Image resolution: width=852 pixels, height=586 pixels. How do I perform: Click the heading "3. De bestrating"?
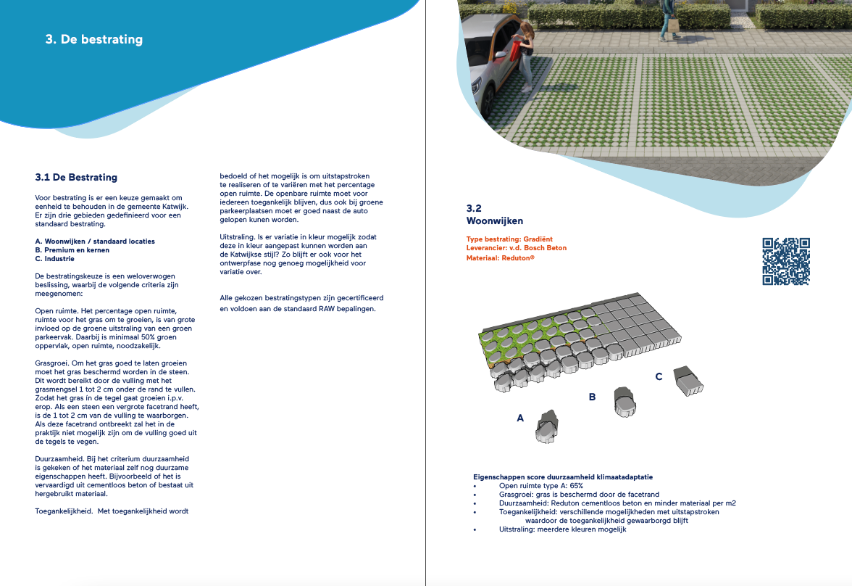[94, 39]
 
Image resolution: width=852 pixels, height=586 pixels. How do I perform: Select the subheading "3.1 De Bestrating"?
[76, 177]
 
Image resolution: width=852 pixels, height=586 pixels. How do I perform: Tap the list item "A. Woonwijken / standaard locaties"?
[95, 241]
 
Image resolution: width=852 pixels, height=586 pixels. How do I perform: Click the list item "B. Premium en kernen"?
[70, 249]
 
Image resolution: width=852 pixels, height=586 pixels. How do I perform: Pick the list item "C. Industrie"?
[54, 258]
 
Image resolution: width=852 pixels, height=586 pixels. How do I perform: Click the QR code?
[786, 261]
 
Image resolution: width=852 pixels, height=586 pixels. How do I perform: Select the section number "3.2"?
[475, 208]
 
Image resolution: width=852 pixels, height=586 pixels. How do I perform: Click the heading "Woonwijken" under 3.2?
[495, 220]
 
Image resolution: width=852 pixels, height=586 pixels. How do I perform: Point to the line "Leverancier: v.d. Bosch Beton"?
[517, 248]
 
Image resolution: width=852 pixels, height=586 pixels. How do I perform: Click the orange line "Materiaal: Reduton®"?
[501, 257]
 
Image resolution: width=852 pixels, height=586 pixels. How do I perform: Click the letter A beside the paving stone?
[519, 418]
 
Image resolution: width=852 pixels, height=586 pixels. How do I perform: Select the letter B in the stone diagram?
[592, 397]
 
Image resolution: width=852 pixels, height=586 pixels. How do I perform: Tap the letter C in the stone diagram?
[658, 376]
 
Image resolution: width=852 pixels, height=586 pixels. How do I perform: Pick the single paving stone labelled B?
[624, 403]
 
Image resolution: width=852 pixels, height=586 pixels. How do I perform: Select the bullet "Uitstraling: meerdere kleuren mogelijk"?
[562, 529]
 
